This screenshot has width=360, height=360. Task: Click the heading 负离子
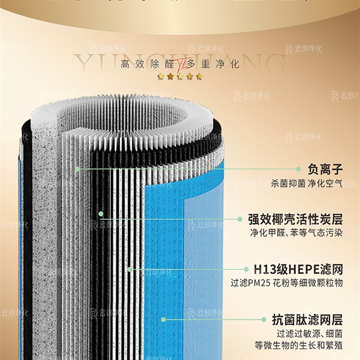(325, 170)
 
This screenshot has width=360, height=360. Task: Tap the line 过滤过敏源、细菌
(310, 334)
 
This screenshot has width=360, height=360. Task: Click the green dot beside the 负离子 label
(298, 169)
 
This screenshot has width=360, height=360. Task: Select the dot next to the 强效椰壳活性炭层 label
(239, 219)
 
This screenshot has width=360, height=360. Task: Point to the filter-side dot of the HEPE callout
(130, 270)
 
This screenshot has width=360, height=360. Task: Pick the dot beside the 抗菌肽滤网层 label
(264, 319)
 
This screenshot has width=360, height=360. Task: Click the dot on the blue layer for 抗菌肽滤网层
(164, 319)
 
